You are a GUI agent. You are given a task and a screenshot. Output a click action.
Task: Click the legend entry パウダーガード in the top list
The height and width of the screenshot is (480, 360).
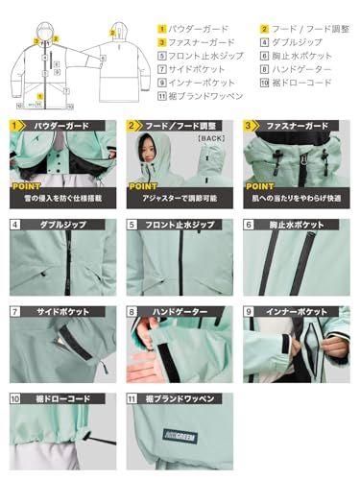[x=196, y=29]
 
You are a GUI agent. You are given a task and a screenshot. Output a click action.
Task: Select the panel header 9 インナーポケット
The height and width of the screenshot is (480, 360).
[x=294, y=312]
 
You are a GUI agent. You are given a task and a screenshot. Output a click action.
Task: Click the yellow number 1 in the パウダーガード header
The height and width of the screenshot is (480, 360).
[x=14, y=125]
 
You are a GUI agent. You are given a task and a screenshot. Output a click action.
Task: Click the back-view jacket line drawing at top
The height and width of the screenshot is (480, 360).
[x=114, y=58]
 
